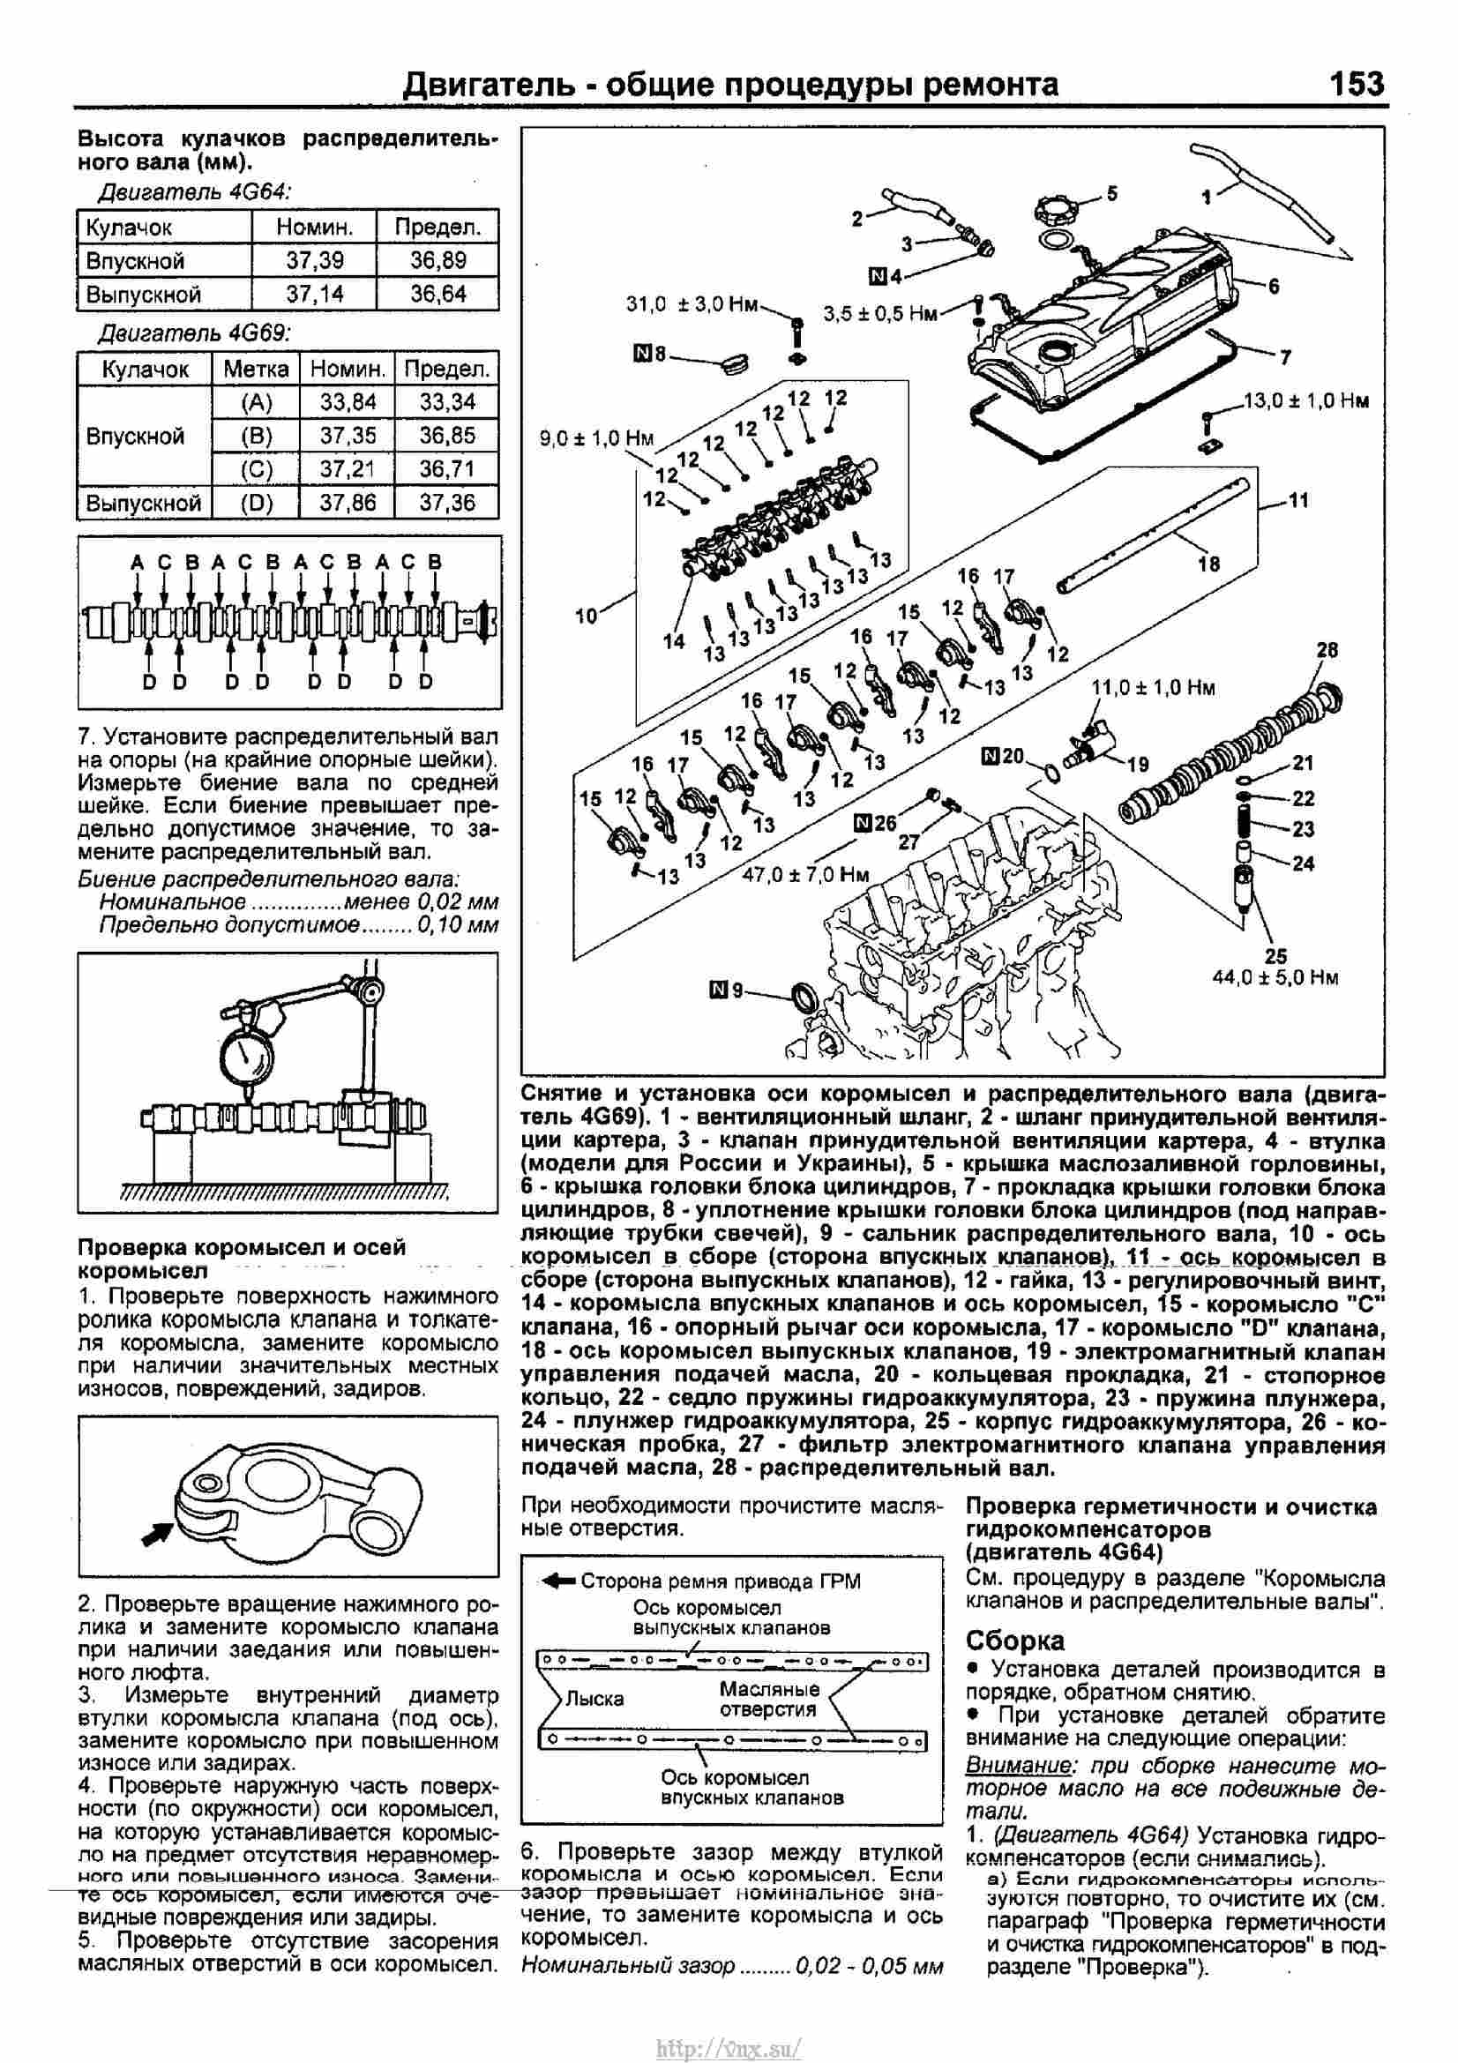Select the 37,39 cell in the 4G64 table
pos(314,260)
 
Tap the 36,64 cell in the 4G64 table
pos(437,294)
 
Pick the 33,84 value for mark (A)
pos(348,401)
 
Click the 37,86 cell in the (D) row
pos(348,502)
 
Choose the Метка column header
pos(255,370)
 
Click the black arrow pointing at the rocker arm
pos(157,1534)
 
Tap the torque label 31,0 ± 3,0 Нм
pos(692,304)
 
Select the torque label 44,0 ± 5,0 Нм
pos(1275,977)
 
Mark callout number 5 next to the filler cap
pos(1111,193)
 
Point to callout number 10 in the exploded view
pos(586,617)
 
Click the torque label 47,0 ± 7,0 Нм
pos(806,874)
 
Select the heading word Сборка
pos(1015,1641)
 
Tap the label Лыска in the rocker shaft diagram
pos(594,1698)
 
